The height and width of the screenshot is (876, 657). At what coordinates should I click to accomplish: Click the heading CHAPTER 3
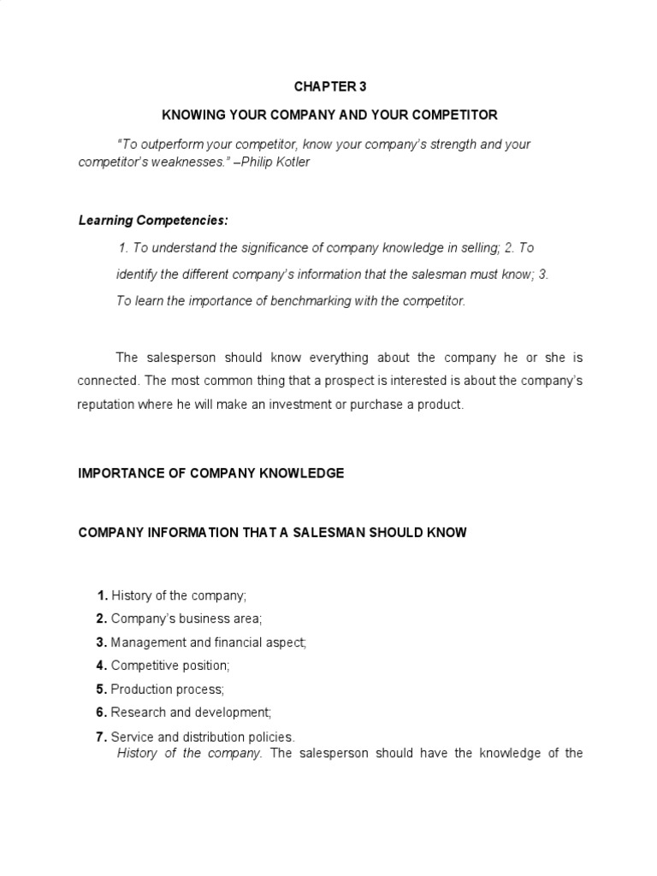pos(328,86)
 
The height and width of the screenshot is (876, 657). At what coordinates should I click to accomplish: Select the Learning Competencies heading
pos(153,220)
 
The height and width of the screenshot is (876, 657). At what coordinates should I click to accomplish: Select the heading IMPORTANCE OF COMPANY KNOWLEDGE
pos(211,473)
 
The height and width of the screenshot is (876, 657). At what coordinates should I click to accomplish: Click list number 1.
pos(102,595)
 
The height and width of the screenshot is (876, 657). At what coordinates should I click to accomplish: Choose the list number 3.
pos(102,642)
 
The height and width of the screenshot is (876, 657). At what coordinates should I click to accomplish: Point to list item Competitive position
pos(171,665)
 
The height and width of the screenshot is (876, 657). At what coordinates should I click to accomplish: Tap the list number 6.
pos(102,712)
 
